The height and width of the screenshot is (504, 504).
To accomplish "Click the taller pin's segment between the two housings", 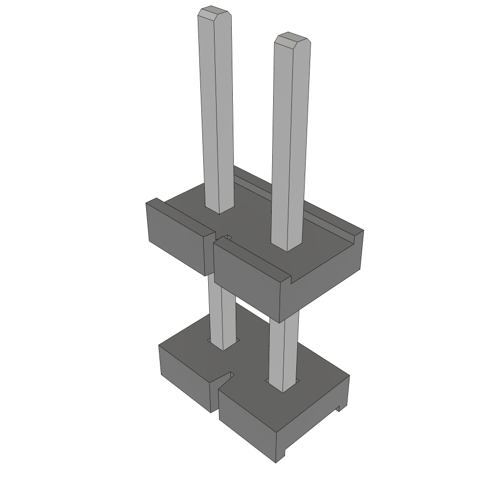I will point(221,315).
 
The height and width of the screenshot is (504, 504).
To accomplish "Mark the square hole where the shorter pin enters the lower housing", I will point(283,387).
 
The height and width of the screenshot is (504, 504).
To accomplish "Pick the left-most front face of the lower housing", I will point(185,377).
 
